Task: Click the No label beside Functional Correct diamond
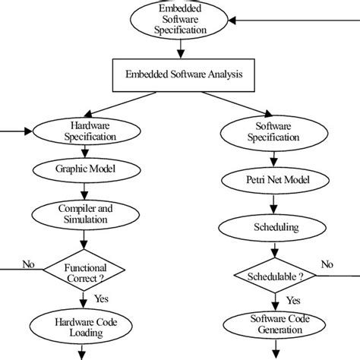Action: (x=29, y=264)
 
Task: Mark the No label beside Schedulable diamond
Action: (x=327, y=264)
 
